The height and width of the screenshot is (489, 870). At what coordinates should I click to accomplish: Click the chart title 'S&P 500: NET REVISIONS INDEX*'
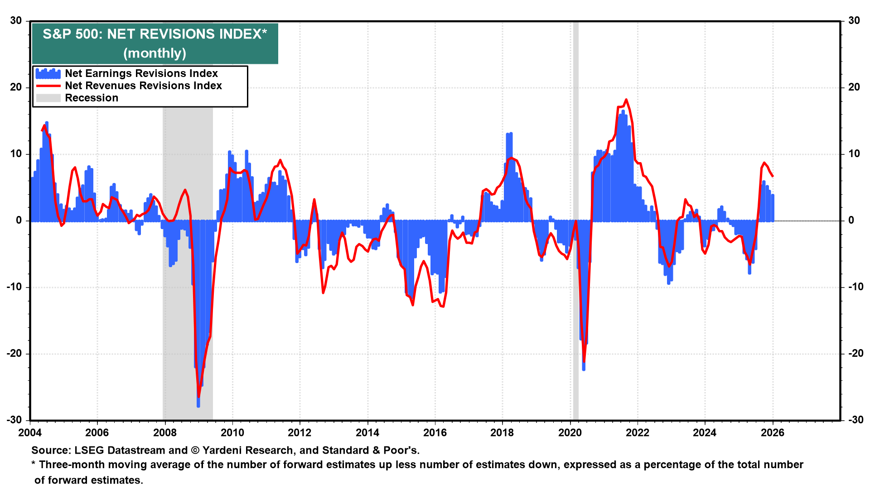click(x=155, y=34)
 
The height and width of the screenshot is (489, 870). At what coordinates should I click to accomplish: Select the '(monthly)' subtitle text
click(x=155, y=53)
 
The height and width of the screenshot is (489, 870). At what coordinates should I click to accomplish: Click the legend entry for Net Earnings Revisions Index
click(x=141, y=73)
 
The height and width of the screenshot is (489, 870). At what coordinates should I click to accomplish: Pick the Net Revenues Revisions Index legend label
click(x=143, y=86)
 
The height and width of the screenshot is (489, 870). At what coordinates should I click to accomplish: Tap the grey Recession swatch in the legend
click(x=48, y=98)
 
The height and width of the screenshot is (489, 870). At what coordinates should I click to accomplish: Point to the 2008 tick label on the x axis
click(x=164, y=432)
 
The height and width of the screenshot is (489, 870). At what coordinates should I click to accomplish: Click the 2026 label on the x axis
click(x=773, y=432)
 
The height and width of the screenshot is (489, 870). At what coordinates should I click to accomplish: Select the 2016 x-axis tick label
click(x=435, y=432)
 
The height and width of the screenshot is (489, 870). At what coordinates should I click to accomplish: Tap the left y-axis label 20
click(x=16, y=87)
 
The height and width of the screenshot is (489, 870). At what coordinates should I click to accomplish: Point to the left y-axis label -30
click(x=14, y=420)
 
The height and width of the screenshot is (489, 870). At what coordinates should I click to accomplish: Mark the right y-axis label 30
click(x=854, y=21)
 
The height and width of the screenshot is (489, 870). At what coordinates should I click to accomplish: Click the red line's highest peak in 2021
click(x=626, y=100)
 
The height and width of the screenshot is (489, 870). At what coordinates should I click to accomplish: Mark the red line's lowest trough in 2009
click(x=198, y=397)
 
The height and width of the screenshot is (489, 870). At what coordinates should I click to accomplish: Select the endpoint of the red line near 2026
click(x=773, y=176)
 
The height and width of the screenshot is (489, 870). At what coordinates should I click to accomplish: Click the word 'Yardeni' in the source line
click(x=223, y=450)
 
